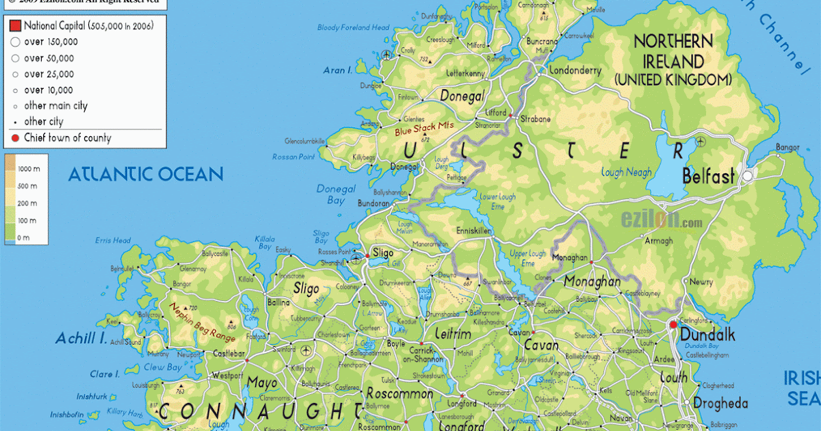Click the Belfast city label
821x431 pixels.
(x=708, y=177)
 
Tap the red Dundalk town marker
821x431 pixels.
(x=673, y=324)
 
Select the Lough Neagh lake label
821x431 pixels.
(x=626, y=172)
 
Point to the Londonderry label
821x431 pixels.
(x=575, y=70)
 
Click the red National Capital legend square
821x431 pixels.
(x=15, y=26)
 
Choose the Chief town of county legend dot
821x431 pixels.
(x=15, y=138)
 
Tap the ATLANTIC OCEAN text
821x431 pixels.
(x=145, y=174)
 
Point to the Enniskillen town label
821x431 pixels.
(x=473, y=232)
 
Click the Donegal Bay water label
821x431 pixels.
(x=336, y=194)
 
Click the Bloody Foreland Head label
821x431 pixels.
(x=353, y=28)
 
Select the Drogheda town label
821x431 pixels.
(x=720, y=403)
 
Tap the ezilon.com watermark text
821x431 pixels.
(x=661, y=221)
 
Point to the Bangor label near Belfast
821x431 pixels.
(x=787, y=147)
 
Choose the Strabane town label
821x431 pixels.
(x=536, y=119)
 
